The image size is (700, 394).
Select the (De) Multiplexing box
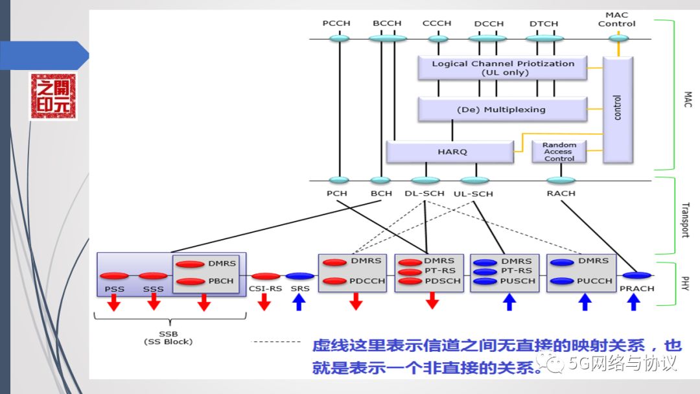pos(502,110)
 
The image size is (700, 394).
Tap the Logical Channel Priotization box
pos(502,68)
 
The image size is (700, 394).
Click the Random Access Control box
pos(559,152)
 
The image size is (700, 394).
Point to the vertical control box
pos(617,109)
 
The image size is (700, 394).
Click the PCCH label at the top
pos(336,23)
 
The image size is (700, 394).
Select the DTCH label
pos(543,24)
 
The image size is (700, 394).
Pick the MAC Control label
pos(616,19)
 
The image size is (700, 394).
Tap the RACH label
pos(561,193)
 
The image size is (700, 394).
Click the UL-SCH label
pos(473,194)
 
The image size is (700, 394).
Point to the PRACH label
pos(636,288)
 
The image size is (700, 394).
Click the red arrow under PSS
pos(114,302)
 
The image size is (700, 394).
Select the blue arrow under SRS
pos(299,302)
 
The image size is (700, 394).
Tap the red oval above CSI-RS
pos(265,276)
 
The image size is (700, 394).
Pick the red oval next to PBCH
pos(190,281)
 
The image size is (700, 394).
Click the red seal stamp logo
pos(52,96)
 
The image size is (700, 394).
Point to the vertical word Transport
pos(685,220)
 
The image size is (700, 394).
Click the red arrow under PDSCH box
pos(432,301)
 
